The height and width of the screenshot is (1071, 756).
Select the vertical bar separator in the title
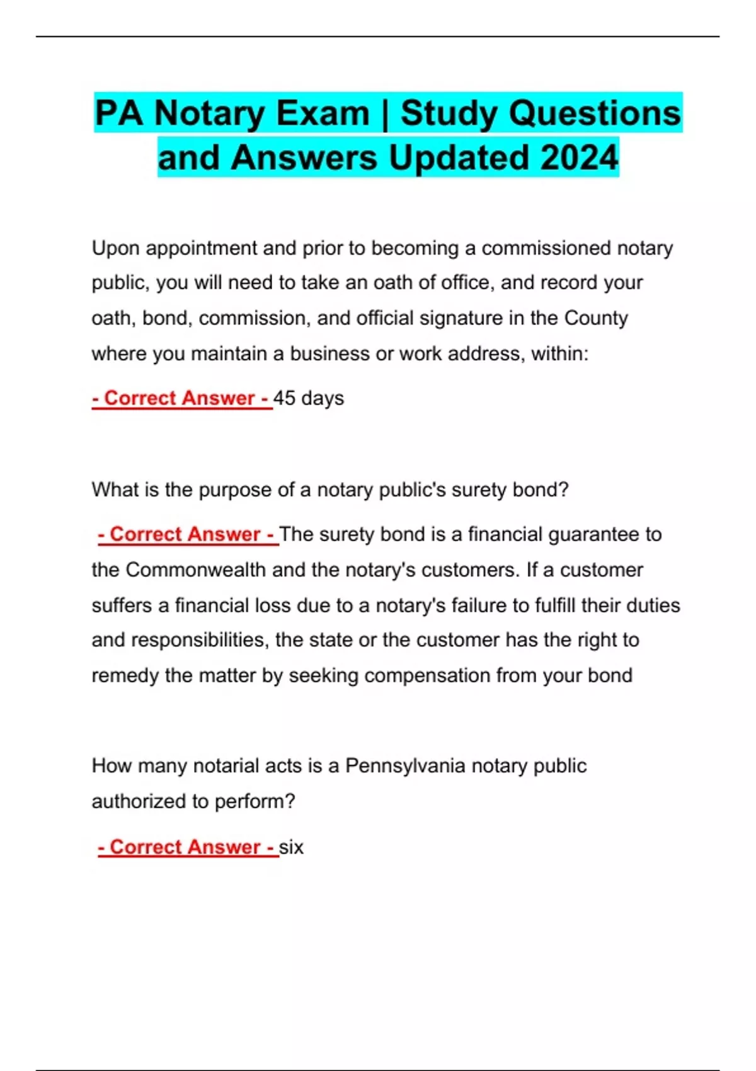point(384,113)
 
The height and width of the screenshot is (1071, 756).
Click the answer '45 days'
point(309,398)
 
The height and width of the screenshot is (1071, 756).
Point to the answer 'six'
point(291,847)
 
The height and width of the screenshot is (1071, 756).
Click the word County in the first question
point(596,318)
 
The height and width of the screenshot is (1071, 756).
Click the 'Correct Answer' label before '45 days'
point(181,398)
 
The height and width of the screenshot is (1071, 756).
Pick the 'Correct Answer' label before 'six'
point(186,847)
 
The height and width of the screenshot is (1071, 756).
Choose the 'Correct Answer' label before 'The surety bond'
point(186,534)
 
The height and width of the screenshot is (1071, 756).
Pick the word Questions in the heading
point(595,113)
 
